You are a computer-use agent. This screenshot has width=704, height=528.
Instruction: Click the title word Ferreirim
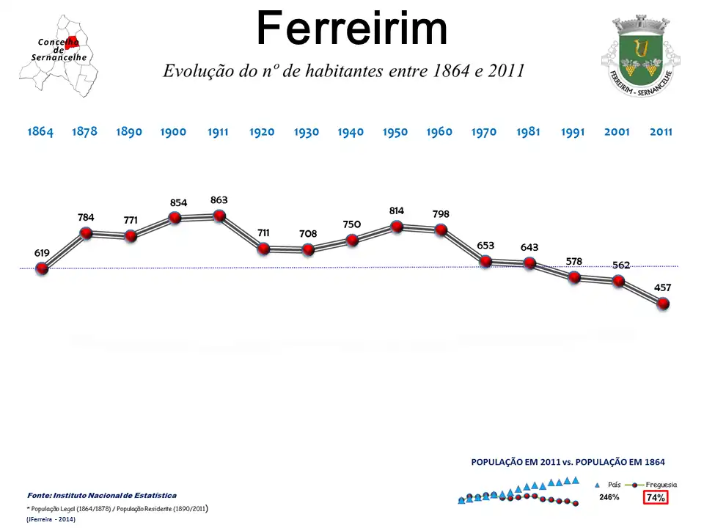[352, 30]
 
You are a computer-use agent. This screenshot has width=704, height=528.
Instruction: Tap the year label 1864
[40, 132]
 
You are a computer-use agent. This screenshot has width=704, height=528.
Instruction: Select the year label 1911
[218, 132]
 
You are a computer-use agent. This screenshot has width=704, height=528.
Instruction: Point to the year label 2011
[661, 132]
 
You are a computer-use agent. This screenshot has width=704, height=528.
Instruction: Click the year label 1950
[395, 132]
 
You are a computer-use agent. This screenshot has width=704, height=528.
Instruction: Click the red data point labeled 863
[219, 216]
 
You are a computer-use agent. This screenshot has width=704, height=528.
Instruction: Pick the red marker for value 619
[42, 268]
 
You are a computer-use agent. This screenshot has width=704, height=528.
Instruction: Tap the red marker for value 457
[663, 304]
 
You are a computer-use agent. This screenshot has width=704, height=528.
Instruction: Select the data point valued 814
[397, 227]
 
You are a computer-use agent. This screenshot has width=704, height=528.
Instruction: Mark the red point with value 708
[308, 249]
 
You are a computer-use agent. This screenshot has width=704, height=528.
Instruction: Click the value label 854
[178, 203]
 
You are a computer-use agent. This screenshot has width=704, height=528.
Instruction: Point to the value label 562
[621, 265]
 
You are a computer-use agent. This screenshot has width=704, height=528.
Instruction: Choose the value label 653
[485, 246]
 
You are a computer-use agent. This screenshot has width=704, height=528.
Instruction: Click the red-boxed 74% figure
[656, 497]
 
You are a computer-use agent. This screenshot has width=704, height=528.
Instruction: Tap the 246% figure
[609, 497]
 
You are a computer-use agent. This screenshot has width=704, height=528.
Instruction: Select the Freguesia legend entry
[660, 485]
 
